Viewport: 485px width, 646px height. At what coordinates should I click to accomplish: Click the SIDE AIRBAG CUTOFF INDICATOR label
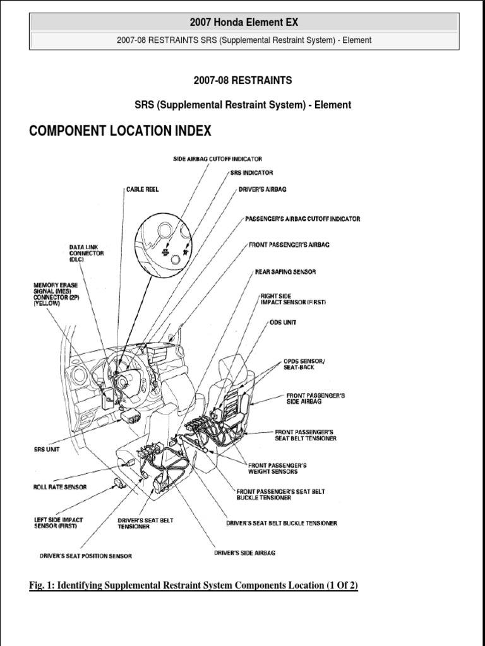pos(217,159)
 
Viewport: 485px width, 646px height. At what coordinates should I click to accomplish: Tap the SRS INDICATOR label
pos(251,172)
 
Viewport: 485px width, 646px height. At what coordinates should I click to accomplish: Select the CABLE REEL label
pos(142,189)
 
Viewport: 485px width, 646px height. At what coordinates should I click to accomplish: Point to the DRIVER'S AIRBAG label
pos(263,189)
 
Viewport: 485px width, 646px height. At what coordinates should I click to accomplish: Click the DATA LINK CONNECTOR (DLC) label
pos(87,252)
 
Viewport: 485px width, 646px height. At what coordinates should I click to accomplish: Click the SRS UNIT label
pos(47,450)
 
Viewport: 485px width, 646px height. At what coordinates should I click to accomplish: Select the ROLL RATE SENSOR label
pos(60,487)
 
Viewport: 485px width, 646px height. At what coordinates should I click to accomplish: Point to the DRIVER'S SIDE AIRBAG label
pos(244,553)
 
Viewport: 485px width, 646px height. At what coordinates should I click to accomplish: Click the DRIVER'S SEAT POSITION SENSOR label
pos(86,556)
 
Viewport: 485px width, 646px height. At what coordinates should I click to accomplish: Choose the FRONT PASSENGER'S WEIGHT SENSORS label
pos(281,467)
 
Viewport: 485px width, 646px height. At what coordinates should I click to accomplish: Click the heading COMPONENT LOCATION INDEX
pos(121,131)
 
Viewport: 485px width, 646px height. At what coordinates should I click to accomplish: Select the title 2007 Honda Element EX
pos(244,23)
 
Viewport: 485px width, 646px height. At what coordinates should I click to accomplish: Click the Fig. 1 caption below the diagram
pos(193,585)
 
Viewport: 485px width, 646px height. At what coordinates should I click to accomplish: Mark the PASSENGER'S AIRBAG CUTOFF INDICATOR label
pos(302,219)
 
